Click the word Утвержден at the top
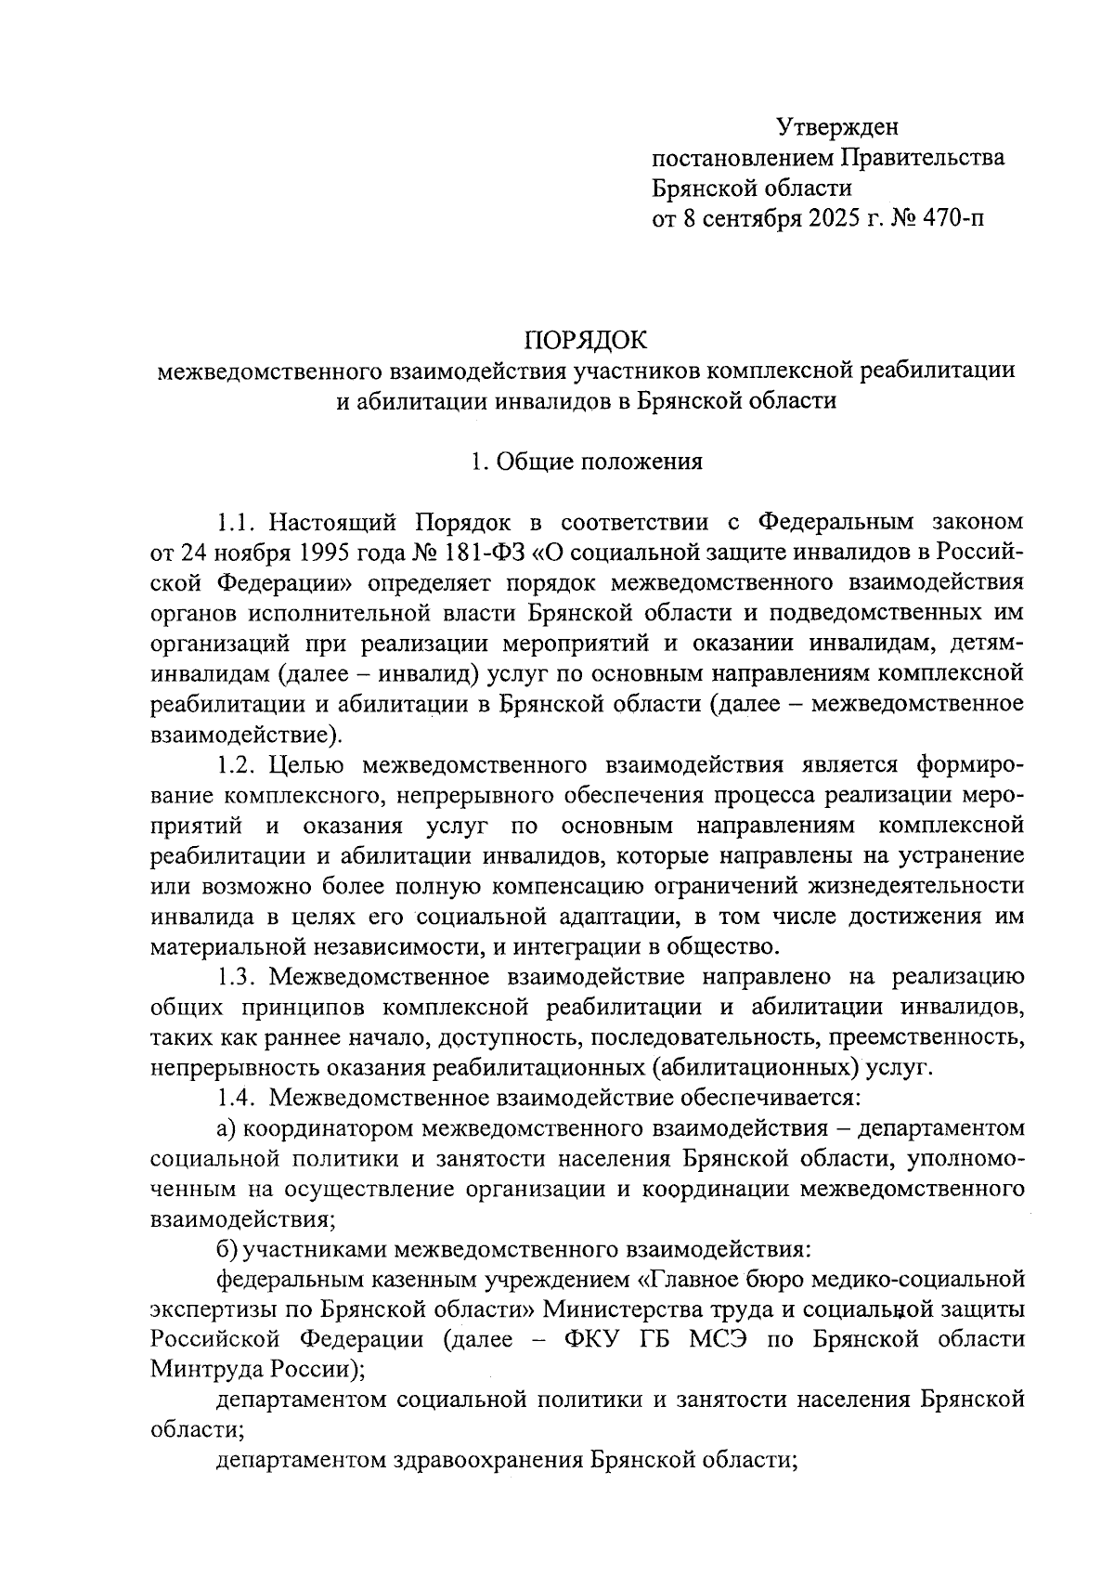pos(838,126)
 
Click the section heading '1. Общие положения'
pos(586,462)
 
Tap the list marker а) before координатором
pos(227,1128)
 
